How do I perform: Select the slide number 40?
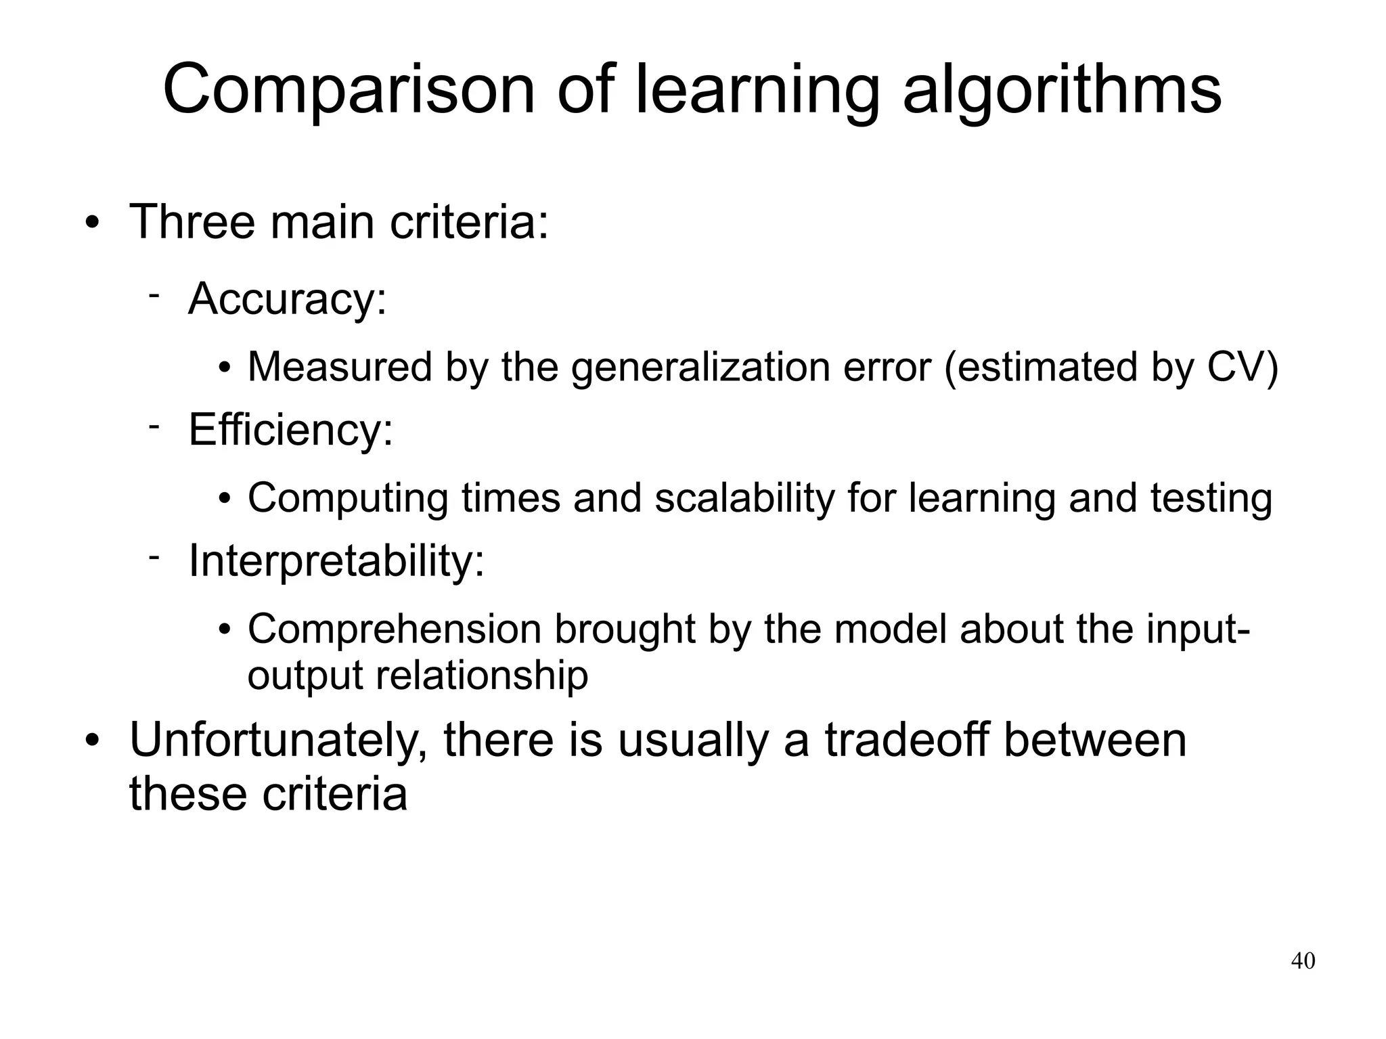tap(1303, 960)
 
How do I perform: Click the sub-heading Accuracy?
tap(288, 299)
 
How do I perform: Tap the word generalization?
tap(700, 367)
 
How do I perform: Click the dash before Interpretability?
tap(154, 556)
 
